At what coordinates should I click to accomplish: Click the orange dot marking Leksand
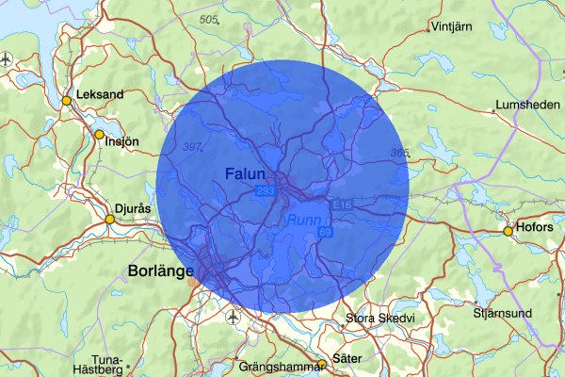pyautogui.click(x=67, y=101)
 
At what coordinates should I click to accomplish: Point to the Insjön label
pyautogui.click(x=122, y=142)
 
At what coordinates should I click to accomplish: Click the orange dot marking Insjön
pyautogui.click(x=99, y=136)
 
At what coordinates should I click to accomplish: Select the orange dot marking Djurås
pyautogui.click(x=109, y=220)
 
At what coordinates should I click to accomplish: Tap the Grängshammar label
pyautogui.click(x=278, y=366)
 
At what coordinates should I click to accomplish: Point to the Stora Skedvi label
pyautogui.click(x=379, y=319)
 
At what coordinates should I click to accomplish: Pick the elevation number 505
pyautogui.click(x=208, y=19)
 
